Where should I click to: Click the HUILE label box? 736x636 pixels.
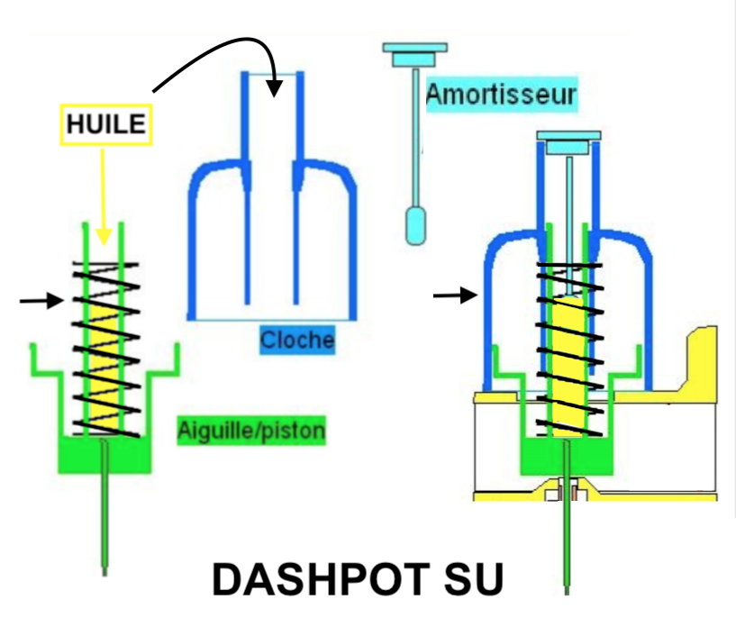coord(106,124)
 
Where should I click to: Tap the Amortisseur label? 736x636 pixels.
coord(501,95)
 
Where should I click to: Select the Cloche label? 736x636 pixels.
coord(297,340)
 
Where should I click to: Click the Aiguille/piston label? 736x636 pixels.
coord(251,431)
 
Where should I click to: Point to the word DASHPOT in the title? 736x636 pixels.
coord(322,579)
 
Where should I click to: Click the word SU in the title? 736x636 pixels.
coord(474,579)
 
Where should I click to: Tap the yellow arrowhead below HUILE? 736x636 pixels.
coord(104,237)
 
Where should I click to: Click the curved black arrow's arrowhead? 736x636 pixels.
coord(274,87)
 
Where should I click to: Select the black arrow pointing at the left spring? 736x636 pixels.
coord(41,300)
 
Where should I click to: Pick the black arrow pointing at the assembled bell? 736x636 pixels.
coord(455,295)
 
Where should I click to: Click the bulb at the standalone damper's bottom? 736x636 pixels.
coord(415,226)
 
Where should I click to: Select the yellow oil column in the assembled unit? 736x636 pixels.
coord(568,366)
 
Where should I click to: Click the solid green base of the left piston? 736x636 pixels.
coord(104,455)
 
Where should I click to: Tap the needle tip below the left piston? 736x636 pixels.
coord(104,574)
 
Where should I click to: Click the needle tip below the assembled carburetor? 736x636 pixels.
coord(567,592)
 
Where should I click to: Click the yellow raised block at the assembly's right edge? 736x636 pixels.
coord(702,361)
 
